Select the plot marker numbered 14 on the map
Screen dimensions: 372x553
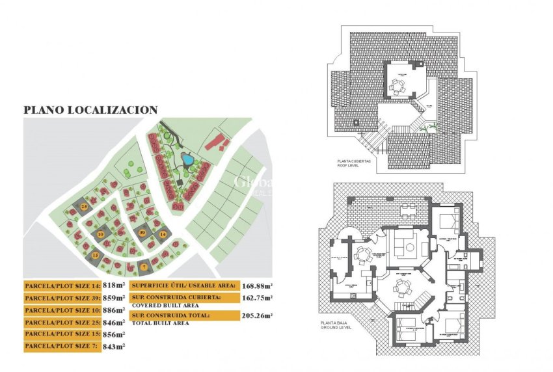(x=163, y=233)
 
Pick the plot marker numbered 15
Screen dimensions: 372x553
(x=95, y=256)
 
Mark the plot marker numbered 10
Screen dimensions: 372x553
(x=100, y=233)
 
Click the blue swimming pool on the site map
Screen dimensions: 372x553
(x=187, y=159)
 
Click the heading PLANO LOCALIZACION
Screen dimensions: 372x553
(x=90, y=111)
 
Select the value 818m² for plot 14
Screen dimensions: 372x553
(x=113, y=286)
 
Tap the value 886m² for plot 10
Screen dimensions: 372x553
(x=113, y=310)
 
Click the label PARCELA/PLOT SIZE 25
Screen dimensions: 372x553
(x=61, y=323)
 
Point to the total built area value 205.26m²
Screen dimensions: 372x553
(x=258, y=316)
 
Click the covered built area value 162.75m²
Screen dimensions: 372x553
(x=258, y=298)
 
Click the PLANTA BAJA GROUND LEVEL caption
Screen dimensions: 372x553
(x=337, y=325)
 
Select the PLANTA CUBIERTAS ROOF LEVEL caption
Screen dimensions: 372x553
(x=354, y=163)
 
